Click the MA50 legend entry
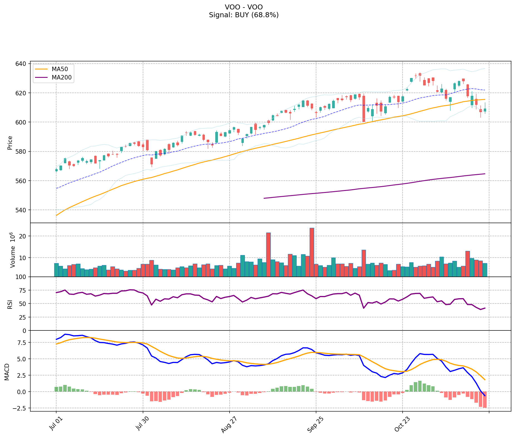(x=60, y=69)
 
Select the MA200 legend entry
(x=61, y=78)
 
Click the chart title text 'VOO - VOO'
(x=243, y=7)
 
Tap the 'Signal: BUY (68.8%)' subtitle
(x=243, y=15)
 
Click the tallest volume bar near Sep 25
(x=312, y=252)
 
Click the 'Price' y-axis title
(x=10, y=143)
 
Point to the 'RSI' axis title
(x=10, y=304)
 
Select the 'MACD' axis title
(x=7, y=372)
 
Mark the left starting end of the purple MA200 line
(x=264, y=198)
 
